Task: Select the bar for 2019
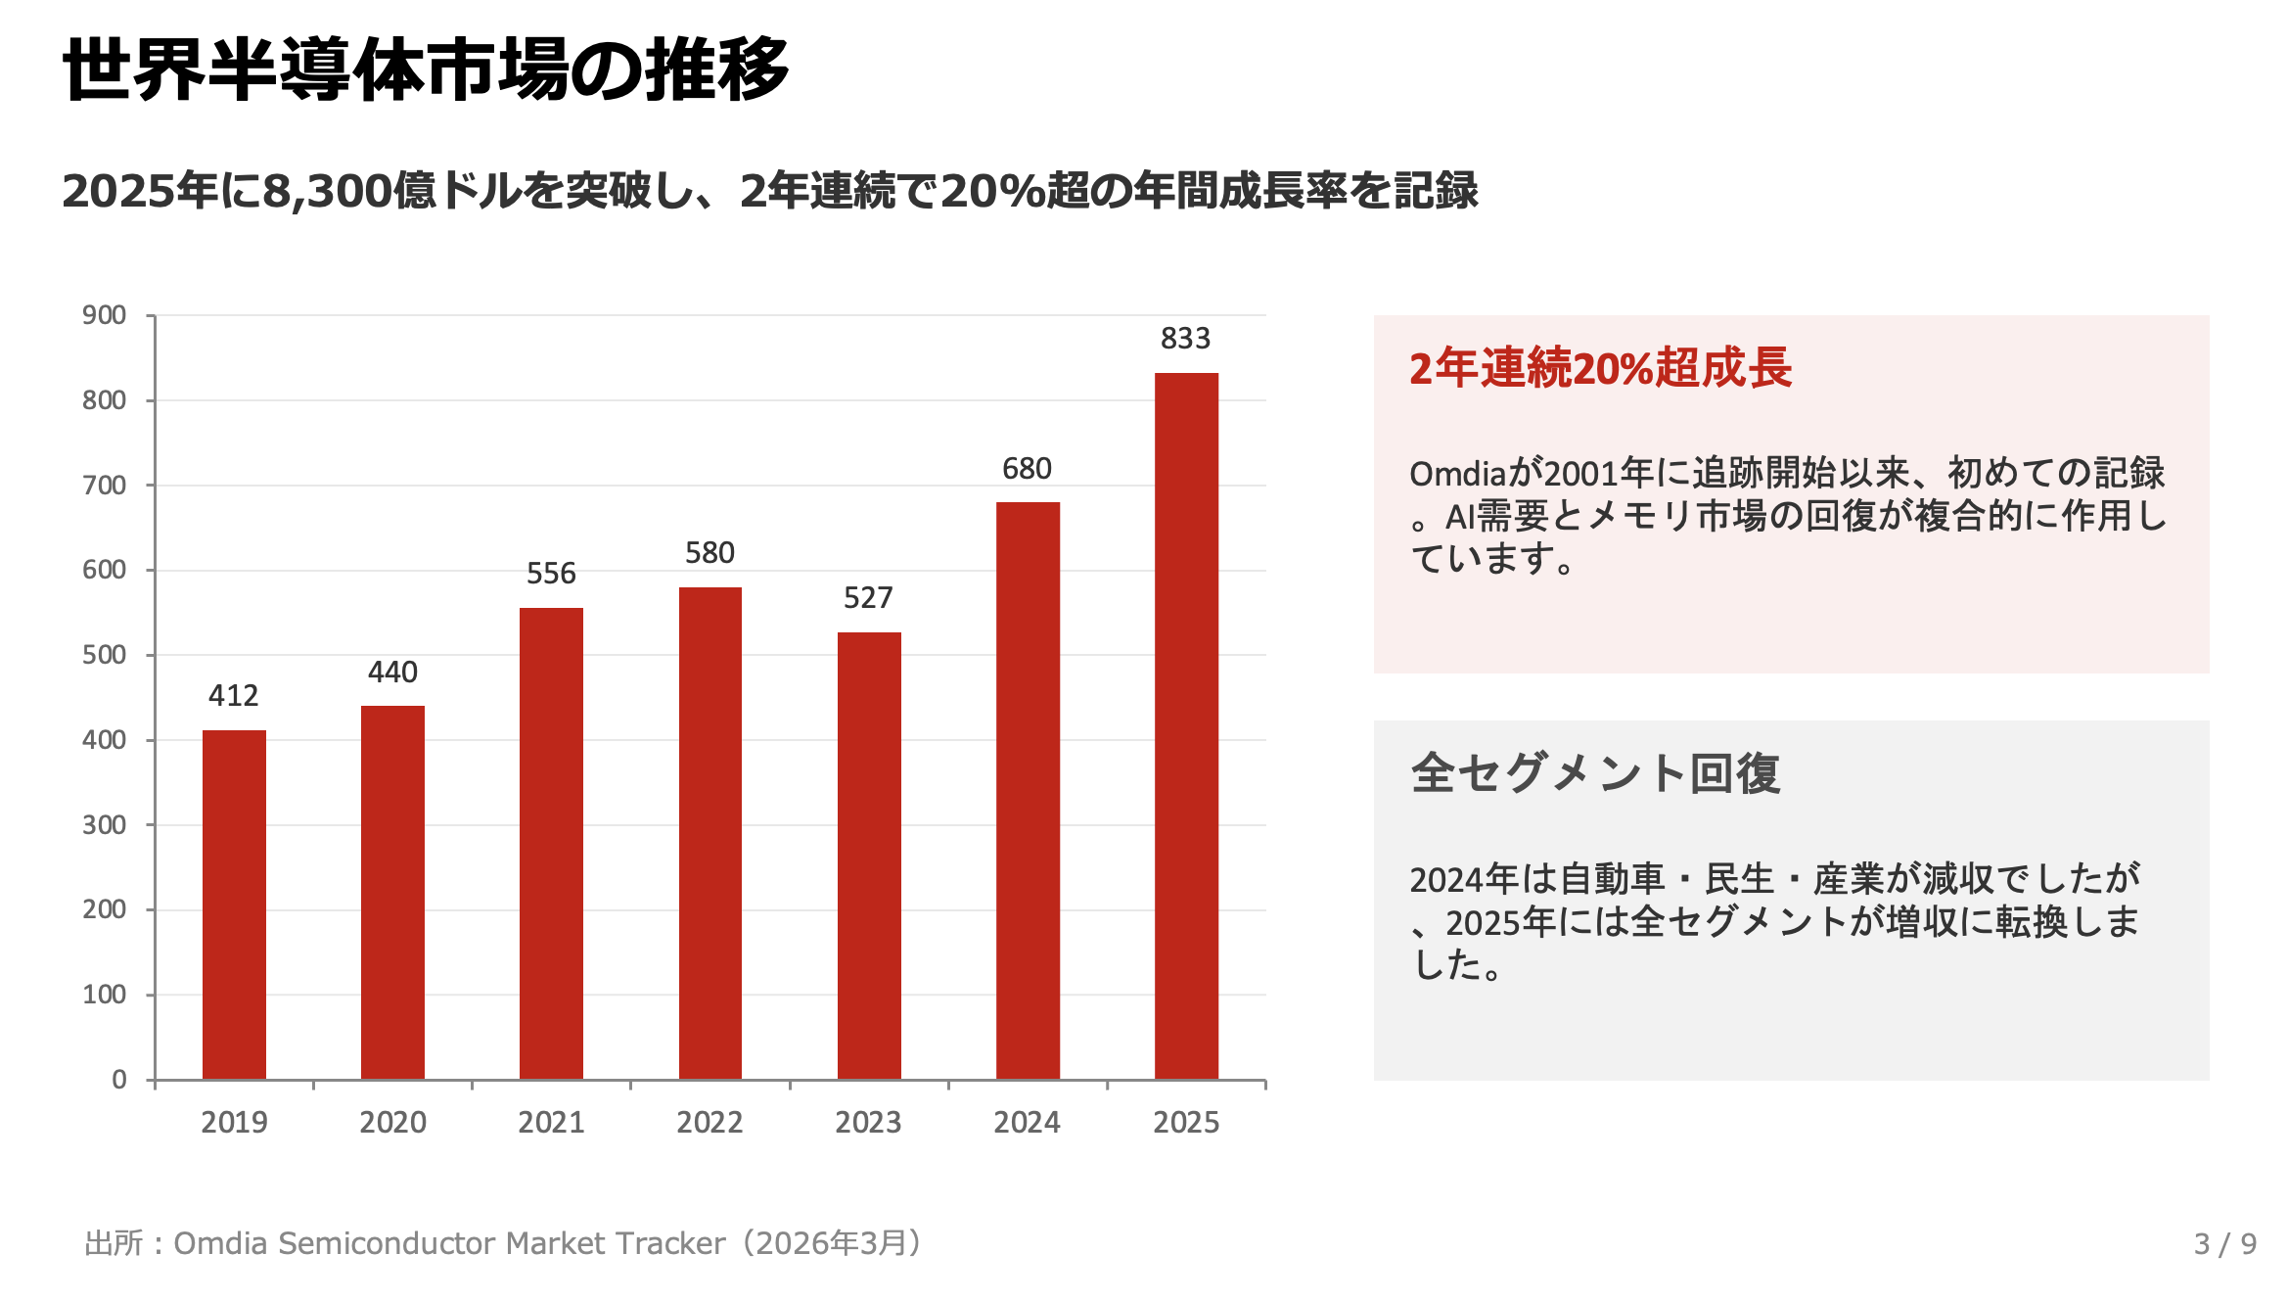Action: [x=234, y=905]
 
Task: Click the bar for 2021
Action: [x=551, y=844]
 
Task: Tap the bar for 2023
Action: [x=869, y=856]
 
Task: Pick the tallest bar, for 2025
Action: [x=1186, y=726]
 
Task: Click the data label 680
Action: [x=1027, y=469]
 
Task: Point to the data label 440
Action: [x=392, y=673]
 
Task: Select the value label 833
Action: [x=1185, y=339]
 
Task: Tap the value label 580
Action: [x=709, y=553]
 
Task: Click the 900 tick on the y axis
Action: [x=105, y=315]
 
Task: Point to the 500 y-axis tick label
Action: [x=105, y=655]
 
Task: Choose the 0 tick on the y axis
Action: [x=119, y=1079]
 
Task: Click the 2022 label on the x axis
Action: [x=709, y=1122]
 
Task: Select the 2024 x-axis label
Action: [x=1027, y=1122]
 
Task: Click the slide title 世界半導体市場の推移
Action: [x=426, y=70]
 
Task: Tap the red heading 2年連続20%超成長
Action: [x=1600, y=369]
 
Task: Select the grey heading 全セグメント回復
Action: [x=1595, y=773]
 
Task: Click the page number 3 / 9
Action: [x=2224, y=1243]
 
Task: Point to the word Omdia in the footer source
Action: [x=220, y=1243]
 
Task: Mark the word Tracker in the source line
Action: [x=670, y=1243]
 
